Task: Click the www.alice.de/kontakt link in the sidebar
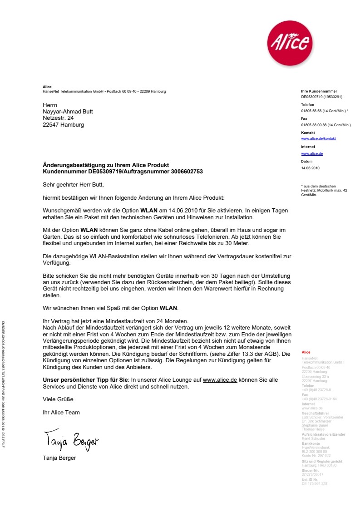point(318,139)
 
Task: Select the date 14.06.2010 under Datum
point(311,168)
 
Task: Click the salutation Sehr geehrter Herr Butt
point(73,185)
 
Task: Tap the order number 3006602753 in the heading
point(187,172)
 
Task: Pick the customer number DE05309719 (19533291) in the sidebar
point(321,97)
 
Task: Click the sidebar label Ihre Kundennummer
point(319,91)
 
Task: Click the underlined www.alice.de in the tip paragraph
point(220,380)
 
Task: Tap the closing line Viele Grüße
point(58,399)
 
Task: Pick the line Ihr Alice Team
point(61,413)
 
